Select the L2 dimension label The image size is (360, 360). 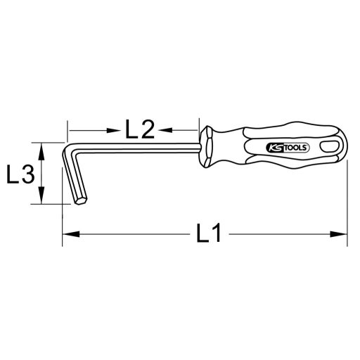pyautogui.click(x=139, y=129)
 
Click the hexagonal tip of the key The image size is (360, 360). pyautogui.click(x=81, y=200)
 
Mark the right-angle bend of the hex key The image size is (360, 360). pyautogui.click(x=75, y=150)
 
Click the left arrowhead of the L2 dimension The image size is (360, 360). pyautogui.click(x=73, y=129)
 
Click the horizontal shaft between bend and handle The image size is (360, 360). pyautogui.click(x=141, y=148)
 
